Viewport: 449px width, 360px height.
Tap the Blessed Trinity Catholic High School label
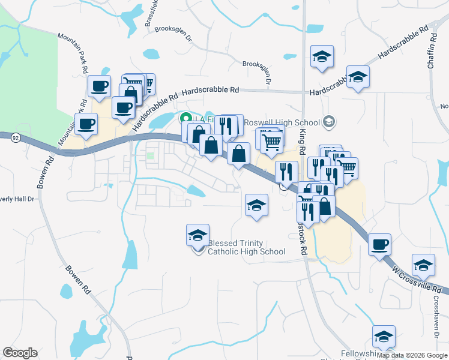pos(246,247)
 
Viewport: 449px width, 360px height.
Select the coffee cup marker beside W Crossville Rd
pos(380,245)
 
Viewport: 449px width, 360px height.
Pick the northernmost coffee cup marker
pos(99,85)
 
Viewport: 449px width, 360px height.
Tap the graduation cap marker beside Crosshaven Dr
pos(423,265)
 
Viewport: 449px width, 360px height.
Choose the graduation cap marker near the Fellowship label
pos(384,337)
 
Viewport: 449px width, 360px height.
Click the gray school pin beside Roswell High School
pos(328,122)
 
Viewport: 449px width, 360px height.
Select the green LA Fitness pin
pos(186,118)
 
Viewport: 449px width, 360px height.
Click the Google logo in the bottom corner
pos(20,353)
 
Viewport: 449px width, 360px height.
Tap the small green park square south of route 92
pos(150,156)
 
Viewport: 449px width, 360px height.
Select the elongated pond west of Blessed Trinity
pos(129,255)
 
